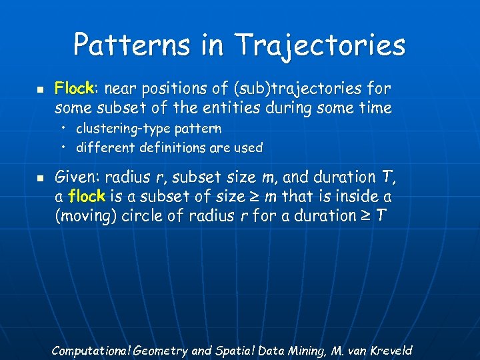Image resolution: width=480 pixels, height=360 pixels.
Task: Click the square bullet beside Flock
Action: pyautogui.click(x=39, y=89)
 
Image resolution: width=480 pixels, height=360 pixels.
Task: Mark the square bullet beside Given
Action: pyautogui.click(x=39, y=178)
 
